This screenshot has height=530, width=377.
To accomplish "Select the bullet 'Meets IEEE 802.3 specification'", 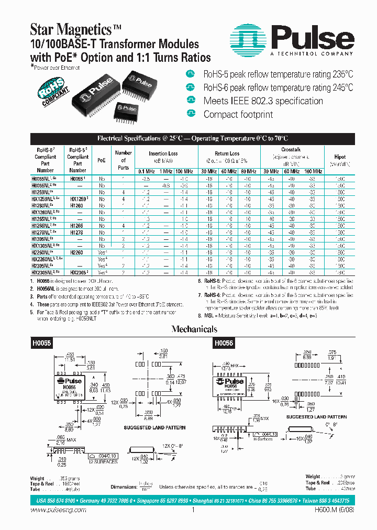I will coord(263,101).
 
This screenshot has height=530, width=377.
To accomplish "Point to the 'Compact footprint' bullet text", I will coord(238,114).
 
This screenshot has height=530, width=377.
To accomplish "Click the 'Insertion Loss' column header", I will coord(163,153).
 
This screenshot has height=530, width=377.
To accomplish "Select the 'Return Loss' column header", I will coord(227,153).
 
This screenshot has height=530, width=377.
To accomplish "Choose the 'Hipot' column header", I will coord(340,157).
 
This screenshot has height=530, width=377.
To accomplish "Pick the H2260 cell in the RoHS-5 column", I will coord(77,251).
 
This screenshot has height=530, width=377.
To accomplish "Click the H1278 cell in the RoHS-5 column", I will coord(77,231).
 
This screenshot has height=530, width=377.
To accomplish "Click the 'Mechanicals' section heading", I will coord(194,329).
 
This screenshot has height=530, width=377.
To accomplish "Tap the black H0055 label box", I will coord(41,341).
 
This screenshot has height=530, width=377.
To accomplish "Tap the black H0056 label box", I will coord(225,341).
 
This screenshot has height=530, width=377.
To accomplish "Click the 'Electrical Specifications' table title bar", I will coord(193,138).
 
